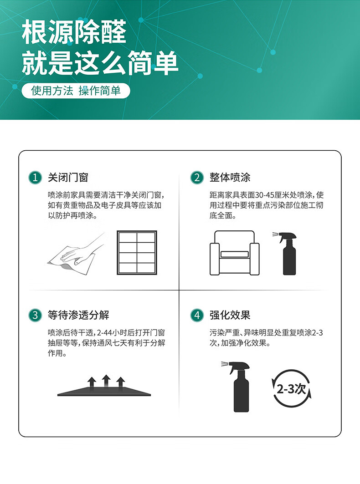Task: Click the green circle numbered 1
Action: [x=35, y=178]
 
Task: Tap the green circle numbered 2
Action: [x=197, y=178]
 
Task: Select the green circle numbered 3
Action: [x=35, y=315]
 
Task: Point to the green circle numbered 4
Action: [x=197, y=315]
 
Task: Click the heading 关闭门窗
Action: [x=68, y=178]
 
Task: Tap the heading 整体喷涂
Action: [x=230, y=178]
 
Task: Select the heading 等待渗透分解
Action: [x=78, y=315]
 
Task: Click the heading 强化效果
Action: [x=230, y=315]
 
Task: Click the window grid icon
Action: [x=137, y=253]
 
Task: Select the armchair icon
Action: [x=235, y=253]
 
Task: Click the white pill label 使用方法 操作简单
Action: [x=76, y=91]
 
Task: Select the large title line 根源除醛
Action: [x=74, y=32]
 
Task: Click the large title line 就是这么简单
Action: [x=100, y=63]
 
